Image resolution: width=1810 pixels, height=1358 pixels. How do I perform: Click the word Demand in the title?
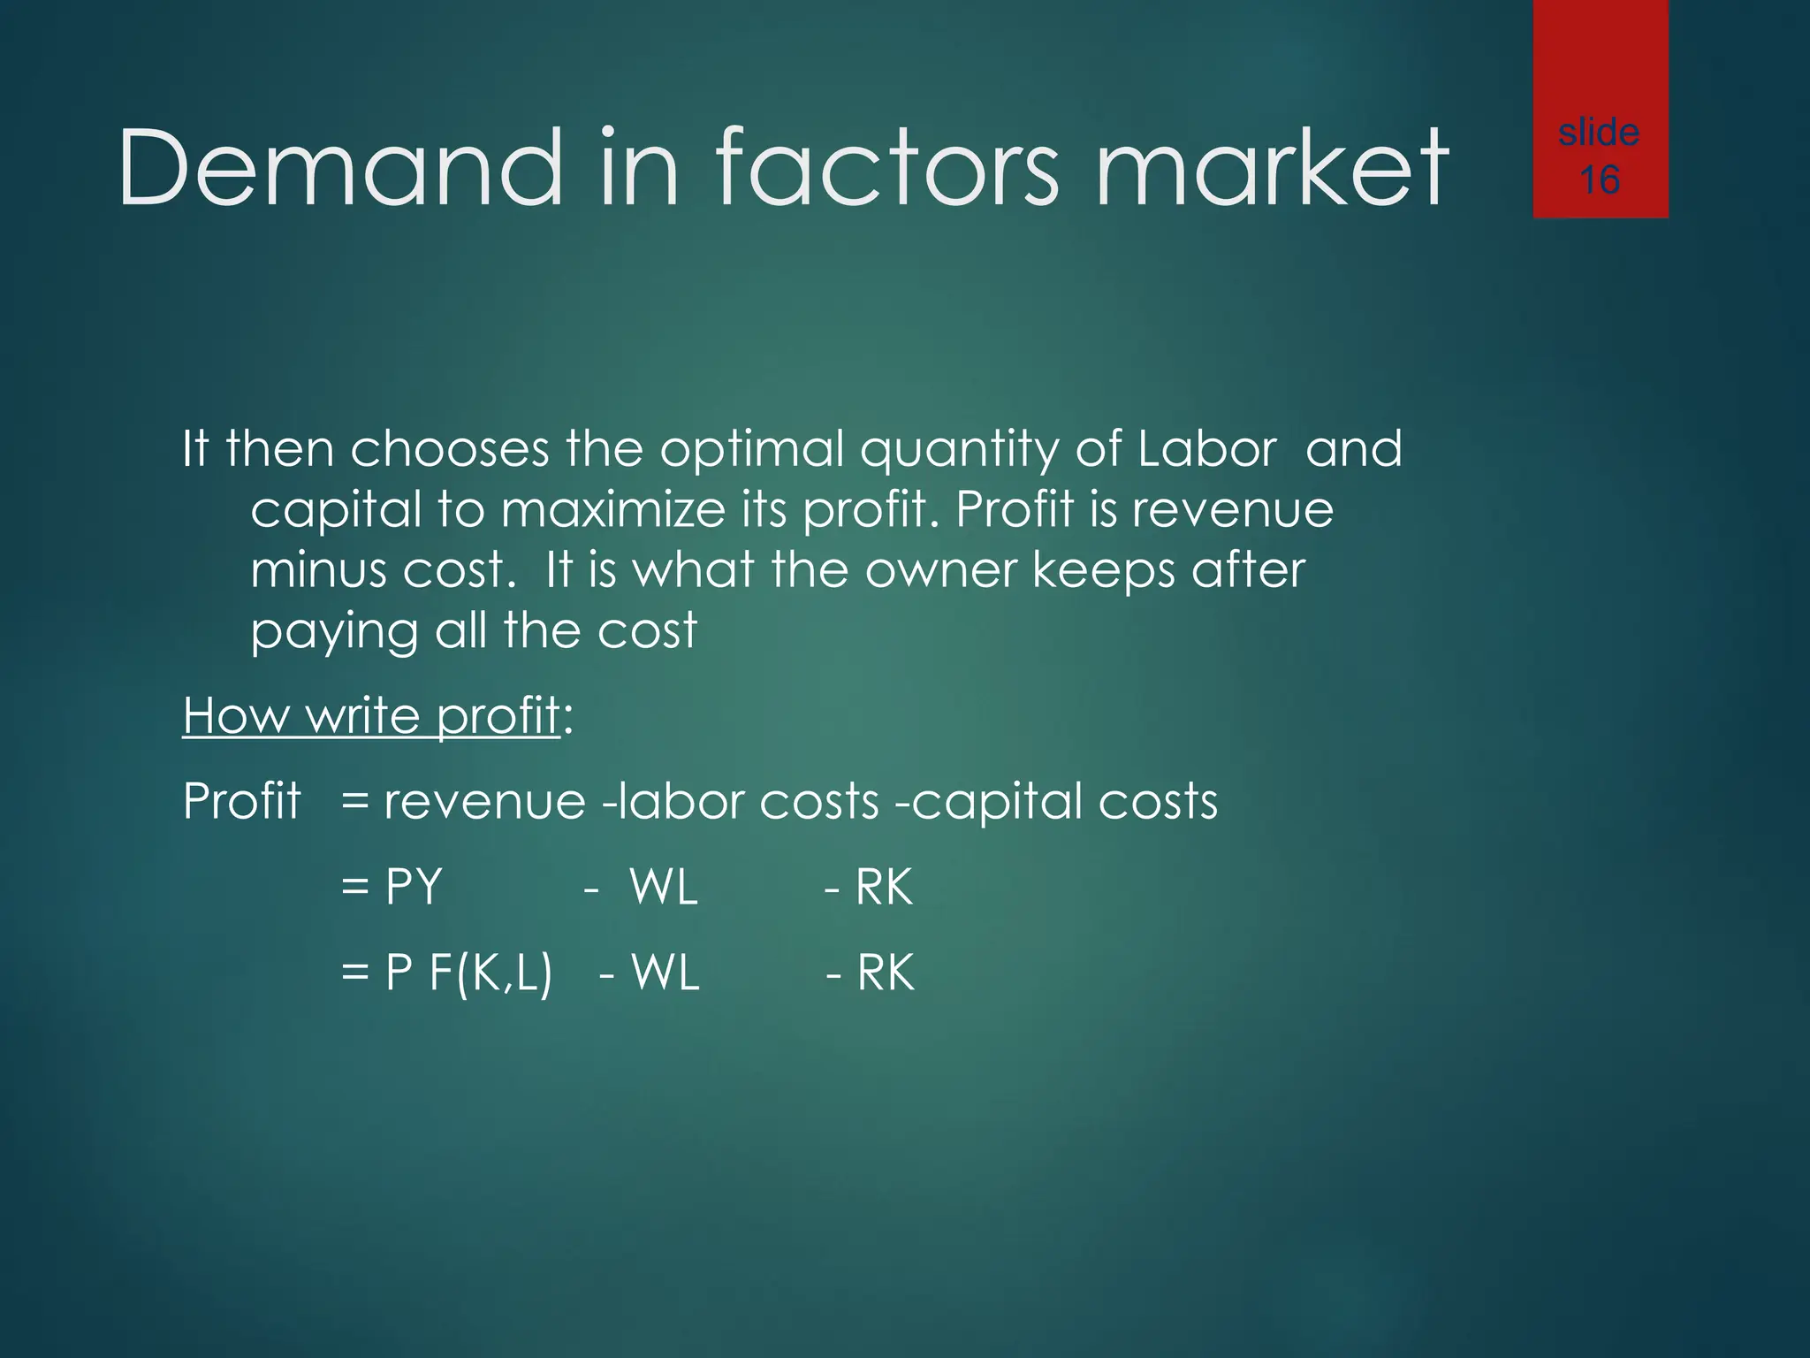point(339,168)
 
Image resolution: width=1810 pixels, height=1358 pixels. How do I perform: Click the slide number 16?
point(1599,180)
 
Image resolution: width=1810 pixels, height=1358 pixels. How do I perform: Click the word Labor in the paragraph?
point(1206,449)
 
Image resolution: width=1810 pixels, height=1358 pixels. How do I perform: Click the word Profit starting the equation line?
point(241,801)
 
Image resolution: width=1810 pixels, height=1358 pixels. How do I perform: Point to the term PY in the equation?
point(414,887)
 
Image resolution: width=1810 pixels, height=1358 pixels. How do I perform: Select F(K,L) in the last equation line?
point(491,973)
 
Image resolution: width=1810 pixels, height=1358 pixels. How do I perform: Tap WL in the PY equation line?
point(664,887)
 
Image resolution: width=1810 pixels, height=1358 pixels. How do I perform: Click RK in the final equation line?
point(885,973)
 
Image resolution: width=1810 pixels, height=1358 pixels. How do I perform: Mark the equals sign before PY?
point(354,887)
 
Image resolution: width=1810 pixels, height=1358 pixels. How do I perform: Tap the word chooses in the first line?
point(450,449)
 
